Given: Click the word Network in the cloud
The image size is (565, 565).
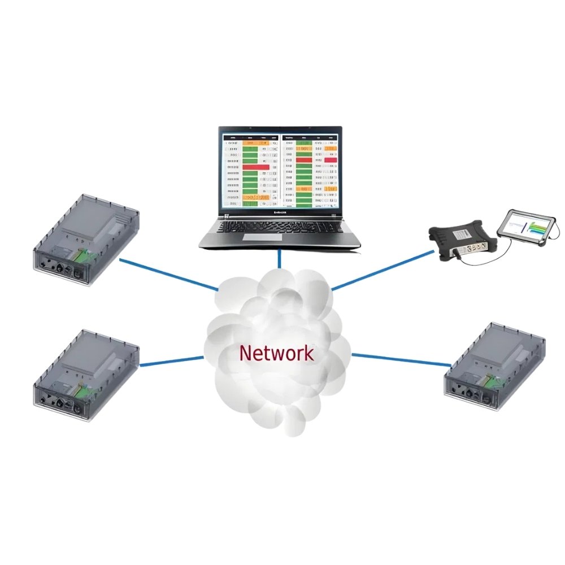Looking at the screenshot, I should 276,354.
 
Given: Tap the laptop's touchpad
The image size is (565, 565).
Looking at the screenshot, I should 281,239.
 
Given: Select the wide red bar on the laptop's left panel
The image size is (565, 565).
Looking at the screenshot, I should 255,167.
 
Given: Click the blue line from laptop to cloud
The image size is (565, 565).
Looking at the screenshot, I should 280,259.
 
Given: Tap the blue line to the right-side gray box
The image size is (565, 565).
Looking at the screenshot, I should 399,360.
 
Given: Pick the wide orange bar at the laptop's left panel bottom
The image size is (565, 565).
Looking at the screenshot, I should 255,197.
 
